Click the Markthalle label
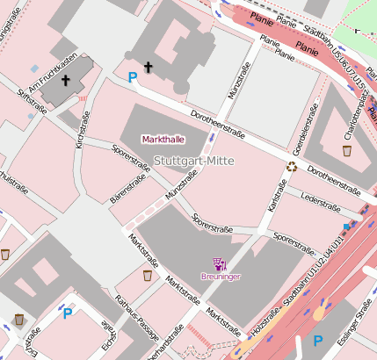pyautogui.click(x=164, y=140)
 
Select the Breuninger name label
pyautogui.click(x=220, y=277)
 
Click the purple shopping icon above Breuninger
pyautogui.click(x=220, y=263)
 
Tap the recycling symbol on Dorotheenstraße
pyautogui.click(x=291, y=165)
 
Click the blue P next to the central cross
pyautogui.click(x=133, y=78)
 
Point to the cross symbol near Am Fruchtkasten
pyautogui.click(x=66, y=81)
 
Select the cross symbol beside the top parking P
pyautogui.click(x=148, y=67)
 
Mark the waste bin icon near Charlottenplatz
pyautogui.click(x=347, y=151)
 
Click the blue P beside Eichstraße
pyautogui.click(x=67, y=312)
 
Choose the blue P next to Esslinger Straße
pyautogui.click(x=319, y=340)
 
